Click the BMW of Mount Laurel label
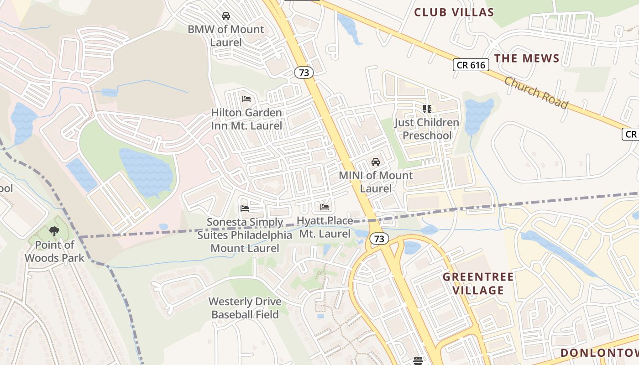coord(226,36)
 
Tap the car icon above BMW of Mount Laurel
coord(226,16)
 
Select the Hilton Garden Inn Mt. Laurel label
coord(246,119)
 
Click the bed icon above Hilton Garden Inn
coord(246,99)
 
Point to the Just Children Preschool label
coord(427,129)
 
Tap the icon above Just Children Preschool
coord(427,109)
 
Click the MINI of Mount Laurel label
coord(376,182)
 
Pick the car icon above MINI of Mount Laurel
coord(376,162)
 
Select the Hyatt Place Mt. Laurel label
coord(325,227)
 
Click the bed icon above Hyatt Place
coord(325,207)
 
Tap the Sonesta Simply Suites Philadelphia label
coord(245,235)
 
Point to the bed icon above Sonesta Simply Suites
coord(245,209)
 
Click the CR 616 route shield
coord(471,65)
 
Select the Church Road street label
coord(536,93)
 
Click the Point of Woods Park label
coord(55,251)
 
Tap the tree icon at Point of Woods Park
coord(54,231)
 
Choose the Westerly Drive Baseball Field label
coord(245,308)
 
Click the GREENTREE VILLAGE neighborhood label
coord(478,283)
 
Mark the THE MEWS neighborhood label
coord(527,58)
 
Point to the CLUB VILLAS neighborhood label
coord(454,12)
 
